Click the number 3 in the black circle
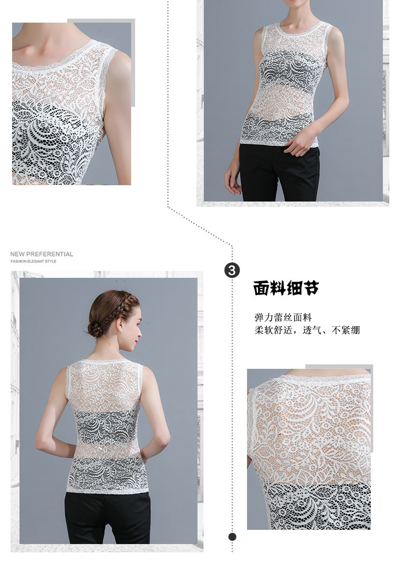click(232, 270)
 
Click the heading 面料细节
click(286, 288)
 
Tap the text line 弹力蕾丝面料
click(283, 317)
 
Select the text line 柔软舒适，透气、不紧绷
click(307, 330)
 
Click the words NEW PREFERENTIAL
click(42, 254)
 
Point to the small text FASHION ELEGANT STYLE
click(33, 262)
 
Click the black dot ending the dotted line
click(233, 537)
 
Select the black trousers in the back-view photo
click(108, 517)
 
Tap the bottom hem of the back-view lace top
click(107, 491)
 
